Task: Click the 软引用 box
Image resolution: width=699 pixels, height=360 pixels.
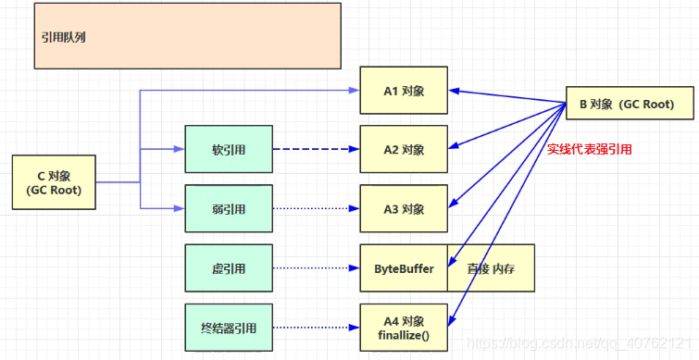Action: point(229,149)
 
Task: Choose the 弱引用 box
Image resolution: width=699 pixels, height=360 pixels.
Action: point(229,208)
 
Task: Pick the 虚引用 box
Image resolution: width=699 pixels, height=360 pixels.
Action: point(229,268)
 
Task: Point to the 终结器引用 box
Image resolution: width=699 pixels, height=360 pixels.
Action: point(229,328)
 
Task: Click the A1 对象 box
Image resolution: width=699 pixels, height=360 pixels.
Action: point(404,91)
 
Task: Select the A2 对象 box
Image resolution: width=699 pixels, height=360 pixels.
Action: point(404,149)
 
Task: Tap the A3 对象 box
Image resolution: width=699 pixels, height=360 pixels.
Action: point(404,208)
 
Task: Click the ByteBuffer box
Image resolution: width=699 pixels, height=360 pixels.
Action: point(404,268)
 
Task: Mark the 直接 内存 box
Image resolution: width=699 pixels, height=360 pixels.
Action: point(491,268)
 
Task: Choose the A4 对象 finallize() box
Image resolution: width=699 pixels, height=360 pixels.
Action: point(404,328)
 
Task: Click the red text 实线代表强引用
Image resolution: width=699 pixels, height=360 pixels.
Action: point(589,149)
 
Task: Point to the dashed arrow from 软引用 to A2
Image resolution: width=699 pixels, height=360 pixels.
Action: point(315,149)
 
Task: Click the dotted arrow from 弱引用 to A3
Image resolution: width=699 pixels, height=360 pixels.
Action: point(315,208)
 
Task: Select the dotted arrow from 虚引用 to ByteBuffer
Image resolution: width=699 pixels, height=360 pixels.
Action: point(315,268)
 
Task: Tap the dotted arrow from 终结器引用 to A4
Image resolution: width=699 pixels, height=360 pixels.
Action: point(315,328)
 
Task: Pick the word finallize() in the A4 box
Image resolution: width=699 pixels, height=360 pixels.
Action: point(404,336)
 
